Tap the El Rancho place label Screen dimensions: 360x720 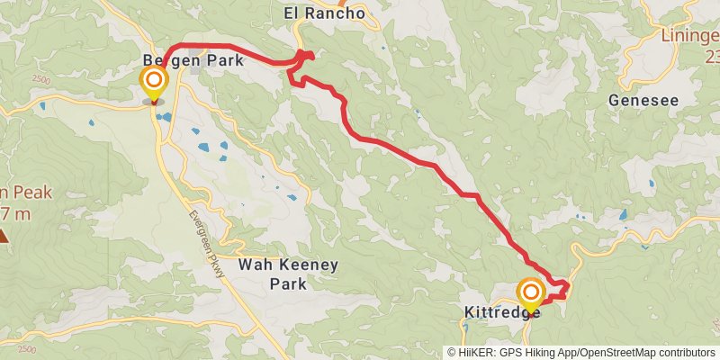323,13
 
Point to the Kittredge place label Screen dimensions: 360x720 501,311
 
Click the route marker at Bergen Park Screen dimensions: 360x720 154,84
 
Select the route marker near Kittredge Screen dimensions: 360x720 531,292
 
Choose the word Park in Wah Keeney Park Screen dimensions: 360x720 288,283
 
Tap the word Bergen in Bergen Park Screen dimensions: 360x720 164,61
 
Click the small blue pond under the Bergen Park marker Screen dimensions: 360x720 163,116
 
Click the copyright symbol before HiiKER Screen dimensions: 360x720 452,353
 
